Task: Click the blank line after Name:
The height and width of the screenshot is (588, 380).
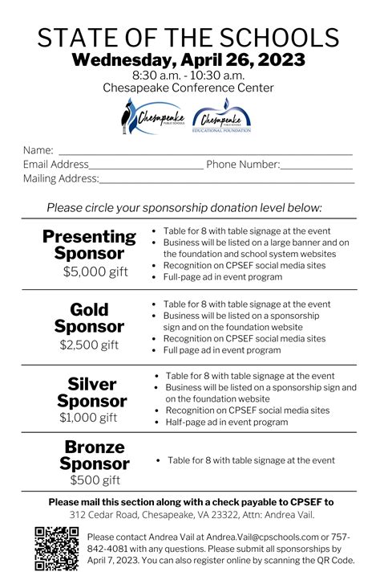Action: click(204, 151)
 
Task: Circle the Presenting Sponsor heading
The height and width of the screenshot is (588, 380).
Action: click(89, 245)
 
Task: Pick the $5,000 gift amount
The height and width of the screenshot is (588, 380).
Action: click(95, 272)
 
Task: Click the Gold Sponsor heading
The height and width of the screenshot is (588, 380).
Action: click(89, 318)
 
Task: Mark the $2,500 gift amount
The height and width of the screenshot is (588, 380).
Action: click(89, 345)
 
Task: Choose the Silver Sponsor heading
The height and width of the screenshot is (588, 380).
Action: click(91, 392)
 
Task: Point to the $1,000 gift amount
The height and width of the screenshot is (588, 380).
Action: click(88, 418)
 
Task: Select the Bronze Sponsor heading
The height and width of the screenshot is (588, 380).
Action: click(94, 455)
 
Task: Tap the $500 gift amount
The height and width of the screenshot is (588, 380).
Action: click(95, 480)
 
